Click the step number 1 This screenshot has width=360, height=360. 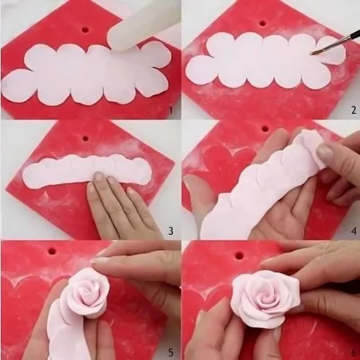(x=170, y=112)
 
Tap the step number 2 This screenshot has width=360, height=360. (x=350, y=112)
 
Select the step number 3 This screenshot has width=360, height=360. (x=170, y=232)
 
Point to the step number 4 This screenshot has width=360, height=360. (x=350, y=232)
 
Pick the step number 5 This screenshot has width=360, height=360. (x=170, y=351)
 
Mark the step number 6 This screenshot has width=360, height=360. (x=350, y=351)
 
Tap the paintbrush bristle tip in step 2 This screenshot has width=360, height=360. (x=314, y=52)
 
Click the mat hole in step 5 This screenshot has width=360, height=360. (x=53, y=251)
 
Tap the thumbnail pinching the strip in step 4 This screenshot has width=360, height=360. (x=325, y=151)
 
